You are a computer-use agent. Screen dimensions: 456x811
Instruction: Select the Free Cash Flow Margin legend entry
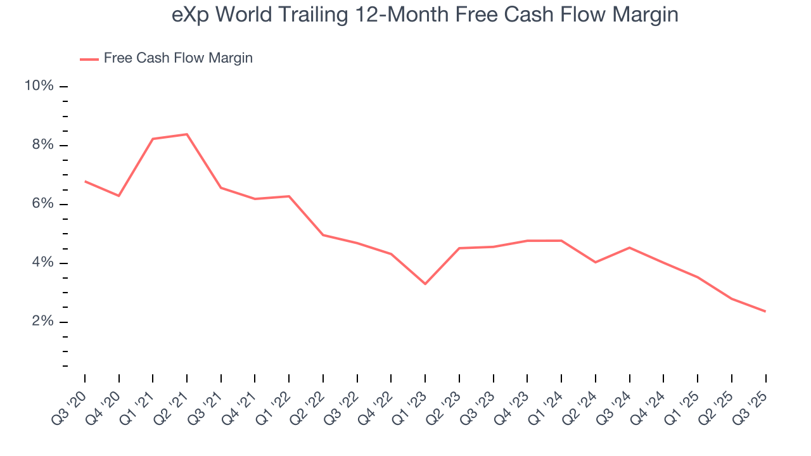point(178,58)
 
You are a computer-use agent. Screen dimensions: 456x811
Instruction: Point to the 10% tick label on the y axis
point(39,86)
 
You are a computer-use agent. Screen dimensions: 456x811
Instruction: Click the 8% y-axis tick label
point(42,145)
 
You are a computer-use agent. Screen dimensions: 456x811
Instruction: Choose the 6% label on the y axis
point(42,204)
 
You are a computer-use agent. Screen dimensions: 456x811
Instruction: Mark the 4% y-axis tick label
point(42,263)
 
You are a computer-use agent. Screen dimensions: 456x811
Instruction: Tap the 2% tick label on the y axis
point(42,322)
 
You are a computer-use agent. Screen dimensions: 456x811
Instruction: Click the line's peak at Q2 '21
point(187,134)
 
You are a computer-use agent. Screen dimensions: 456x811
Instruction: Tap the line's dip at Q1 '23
point(425,284)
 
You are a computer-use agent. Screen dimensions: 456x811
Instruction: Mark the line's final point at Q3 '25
point(765,312)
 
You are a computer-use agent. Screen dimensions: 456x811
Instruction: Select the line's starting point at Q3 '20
point(85,181)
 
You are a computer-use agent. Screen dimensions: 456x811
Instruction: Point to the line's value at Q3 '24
point(629,248)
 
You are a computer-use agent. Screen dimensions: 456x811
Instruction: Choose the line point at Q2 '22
point(323,235)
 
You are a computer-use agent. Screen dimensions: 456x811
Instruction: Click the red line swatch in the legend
point(89,59)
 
